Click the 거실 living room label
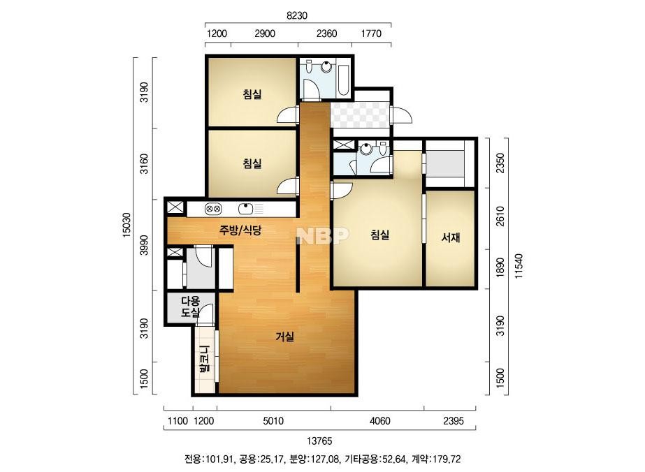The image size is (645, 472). coord(284,337)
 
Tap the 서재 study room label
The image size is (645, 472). coord(451,237)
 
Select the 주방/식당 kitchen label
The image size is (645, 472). coord(240,230)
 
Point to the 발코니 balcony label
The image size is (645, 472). coord(205,359)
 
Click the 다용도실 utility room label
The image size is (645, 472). coord(190,307)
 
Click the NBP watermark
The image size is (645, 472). coord(323,235)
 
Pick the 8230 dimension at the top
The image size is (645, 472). coord(297,15)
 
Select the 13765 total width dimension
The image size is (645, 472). coord(319,441)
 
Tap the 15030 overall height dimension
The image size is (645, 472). coord(126,225)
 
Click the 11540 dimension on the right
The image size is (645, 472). coord(519,266)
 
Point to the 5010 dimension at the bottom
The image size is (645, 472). coord(273,420)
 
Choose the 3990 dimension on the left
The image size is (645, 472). coord(144,245)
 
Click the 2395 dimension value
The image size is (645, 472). coord(454,420)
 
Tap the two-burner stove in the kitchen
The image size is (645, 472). coord(213,209)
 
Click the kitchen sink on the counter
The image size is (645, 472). coord(246,209)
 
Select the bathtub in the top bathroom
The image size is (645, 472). coord(344,78)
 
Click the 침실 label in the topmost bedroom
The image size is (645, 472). coord(252,94)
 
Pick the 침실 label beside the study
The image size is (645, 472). coord(379,235)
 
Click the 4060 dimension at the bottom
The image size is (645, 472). coord(380,420)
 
